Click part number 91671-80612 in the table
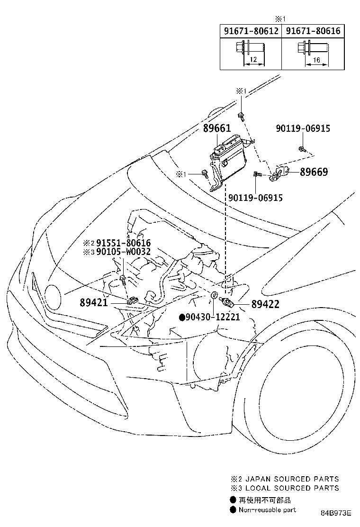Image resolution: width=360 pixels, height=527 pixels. (251, 31)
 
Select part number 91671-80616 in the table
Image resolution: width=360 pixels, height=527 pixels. (313, 31)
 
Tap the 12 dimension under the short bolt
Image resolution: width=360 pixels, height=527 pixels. (253, 60)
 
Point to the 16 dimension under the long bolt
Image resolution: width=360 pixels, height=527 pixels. (316, 60)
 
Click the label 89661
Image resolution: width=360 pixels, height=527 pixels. (217, 128)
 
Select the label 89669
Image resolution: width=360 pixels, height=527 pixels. (314, 172)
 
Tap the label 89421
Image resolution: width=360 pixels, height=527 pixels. (94, 302)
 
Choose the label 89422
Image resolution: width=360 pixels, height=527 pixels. (265, 304)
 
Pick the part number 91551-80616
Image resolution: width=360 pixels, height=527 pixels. (124, 243)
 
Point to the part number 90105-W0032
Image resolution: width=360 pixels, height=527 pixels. (124, 251)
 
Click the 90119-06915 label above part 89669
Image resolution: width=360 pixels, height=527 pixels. (303, 128)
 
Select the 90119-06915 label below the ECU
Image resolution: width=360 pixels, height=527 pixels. (256, 198)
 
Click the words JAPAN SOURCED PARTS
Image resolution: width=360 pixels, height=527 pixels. (292, 479)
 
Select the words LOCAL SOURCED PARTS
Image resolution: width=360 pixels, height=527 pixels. (292, 488)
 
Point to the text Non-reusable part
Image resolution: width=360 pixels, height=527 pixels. (267, 510)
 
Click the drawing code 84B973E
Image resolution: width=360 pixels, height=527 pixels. (336, 513)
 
